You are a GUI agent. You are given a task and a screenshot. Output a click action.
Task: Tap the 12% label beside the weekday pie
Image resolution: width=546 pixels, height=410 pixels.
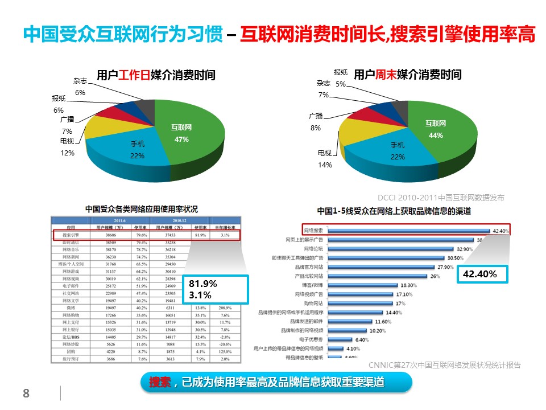[68, 153]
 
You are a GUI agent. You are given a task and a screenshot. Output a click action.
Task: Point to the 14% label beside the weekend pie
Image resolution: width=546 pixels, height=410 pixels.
[325, 165]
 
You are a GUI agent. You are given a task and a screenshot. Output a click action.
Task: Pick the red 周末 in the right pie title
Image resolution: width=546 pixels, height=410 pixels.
[386, 74]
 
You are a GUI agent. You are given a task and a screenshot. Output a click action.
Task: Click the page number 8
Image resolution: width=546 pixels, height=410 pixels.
[26, 393]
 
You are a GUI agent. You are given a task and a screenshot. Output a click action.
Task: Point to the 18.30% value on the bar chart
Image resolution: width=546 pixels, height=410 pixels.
[409, 285]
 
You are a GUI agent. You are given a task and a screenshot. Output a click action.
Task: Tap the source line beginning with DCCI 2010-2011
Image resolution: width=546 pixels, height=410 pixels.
[441, 198]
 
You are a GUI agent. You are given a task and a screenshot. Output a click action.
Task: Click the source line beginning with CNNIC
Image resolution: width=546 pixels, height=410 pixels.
[444, 365]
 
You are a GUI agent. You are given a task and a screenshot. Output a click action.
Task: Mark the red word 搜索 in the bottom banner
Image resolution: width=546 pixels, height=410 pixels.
[160, 383]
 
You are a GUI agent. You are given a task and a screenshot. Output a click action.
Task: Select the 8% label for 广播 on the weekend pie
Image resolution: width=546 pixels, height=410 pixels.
[316, 128]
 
